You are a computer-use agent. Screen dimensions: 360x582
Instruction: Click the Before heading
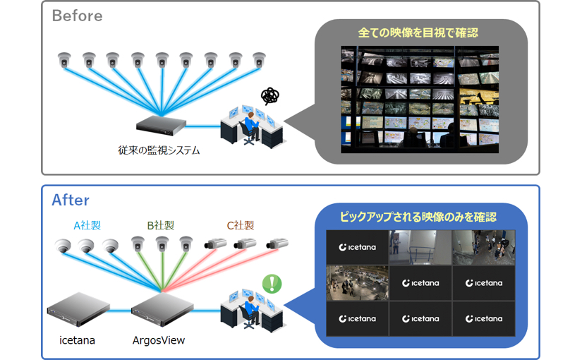coord(77,16)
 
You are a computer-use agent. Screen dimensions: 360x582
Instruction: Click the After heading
coord(71,200)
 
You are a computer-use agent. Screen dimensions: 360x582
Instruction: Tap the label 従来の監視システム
coord(159,150)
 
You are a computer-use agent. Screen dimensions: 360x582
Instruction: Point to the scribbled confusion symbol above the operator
coord(269,96)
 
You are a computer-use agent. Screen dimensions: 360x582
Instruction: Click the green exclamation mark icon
coord(272,284)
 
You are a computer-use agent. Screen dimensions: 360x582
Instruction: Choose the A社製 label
coord(87,226)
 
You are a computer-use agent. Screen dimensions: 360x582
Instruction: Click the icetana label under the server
coord(77,340)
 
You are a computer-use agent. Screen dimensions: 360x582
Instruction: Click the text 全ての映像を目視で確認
coord(418,32)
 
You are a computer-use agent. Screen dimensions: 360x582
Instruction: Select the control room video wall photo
coord(419,100)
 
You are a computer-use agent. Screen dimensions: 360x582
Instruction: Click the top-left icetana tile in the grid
coord(358,247)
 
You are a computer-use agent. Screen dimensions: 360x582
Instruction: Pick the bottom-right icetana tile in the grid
coord(483,318)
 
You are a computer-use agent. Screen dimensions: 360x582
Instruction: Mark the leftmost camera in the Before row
coord(65,60)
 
